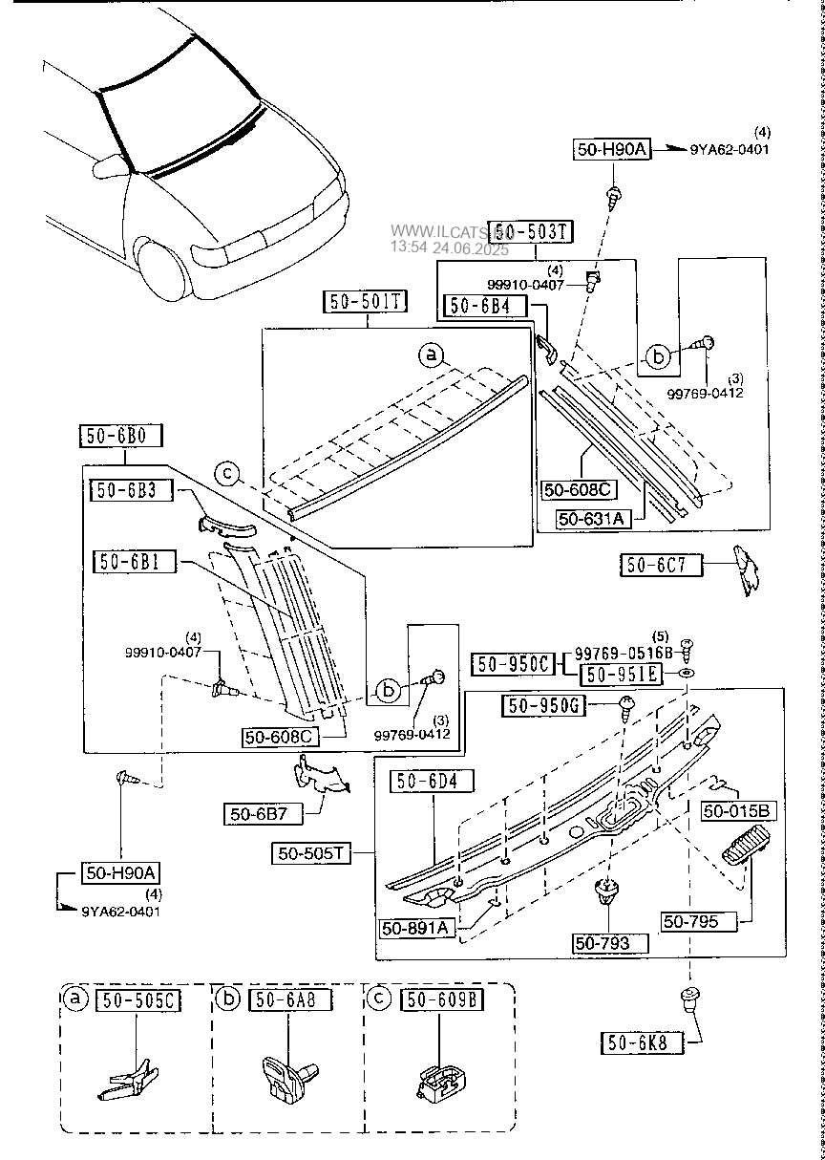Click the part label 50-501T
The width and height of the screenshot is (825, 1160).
[x=364, y=303]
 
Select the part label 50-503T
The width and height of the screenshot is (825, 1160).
[x=536, y=231]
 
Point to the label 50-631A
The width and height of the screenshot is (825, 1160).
[x=591, y=519]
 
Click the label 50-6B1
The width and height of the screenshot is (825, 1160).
[x=135, y=562]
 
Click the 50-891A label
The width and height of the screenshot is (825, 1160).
[x=414, y=928]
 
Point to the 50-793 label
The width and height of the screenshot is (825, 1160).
[x=609, y=942]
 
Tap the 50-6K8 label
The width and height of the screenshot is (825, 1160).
[x=642, y=1042]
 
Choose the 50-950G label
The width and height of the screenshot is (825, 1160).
[x=544, y=705]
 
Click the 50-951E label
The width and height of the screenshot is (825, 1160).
[x=620, y=674]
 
